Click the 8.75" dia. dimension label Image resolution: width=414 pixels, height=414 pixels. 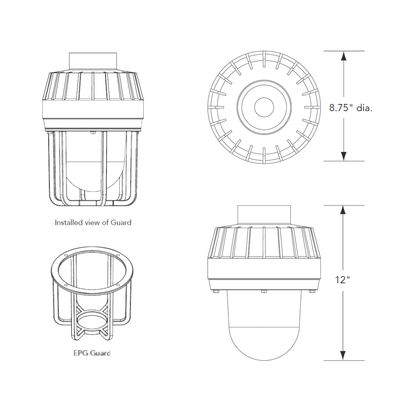[x=351, y=108]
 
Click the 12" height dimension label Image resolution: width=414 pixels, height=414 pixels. [x=342, y=279]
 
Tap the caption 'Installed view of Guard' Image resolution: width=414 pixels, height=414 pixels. [x=93, y=223]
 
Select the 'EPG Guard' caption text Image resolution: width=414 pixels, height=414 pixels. [x=92, y=353]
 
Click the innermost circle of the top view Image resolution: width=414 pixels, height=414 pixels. [x=264, y=107]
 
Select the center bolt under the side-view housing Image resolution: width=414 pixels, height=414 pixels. [x=264, y=292]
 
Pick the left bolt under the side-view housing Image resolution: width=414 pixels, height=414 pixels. [x=216, y=292]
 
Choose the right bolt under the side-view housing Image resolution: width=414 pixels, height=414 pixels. [x=312, y=292]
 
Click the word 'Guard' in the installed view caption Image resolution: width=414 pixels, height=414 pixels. [x=121, y=223]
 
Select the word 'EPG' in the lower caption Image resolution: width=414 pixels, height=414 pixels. [x=80, y=353]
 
